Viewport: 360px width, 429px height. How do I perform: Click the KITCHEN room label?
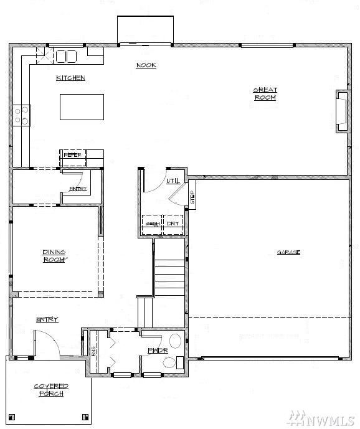click(70, 78)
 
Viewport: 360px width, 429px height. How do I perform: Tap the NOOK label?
click(146, 65)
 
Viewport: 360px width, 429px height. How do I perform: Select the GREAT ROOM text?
click(265, 93)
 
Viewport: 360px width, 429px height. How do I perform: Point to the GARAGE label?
click(288, 252)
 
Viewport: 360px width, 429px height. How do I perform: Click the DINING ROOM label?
click(54, 256)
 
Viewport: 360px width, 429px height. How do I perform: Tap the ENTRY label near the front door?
click(47, 319)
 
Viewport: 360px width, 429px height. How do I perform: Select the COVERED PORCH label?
click(51, 390)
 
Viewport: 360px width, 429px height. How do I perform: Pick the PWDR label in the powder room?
click(155, 351)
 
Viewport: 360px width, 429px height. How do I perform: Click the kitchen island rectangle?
click(82, 106)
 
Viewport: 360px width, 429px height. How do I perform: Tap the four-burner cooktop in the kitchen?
click(22, 113)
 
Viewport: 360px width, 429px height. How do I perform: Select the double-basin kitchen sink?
click(66, 57)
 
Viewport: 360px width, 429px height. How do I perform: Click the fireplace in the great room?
click(342, 111)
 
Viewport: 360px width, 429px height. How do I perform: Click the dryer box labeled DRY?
click(173, 224)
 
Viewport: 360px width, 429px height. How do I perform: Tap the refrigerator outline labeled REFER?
click(73, 156)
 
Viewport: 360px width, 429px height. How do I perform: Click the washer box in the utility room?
click(152, 224)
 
